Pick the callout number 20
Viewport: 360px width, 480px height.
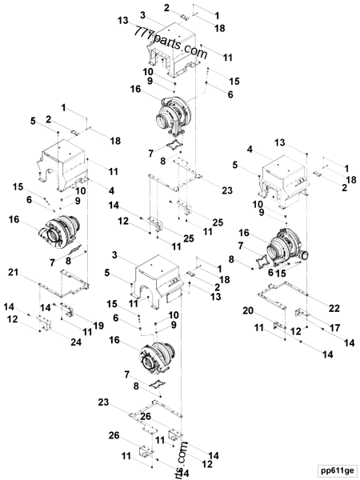248,310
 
